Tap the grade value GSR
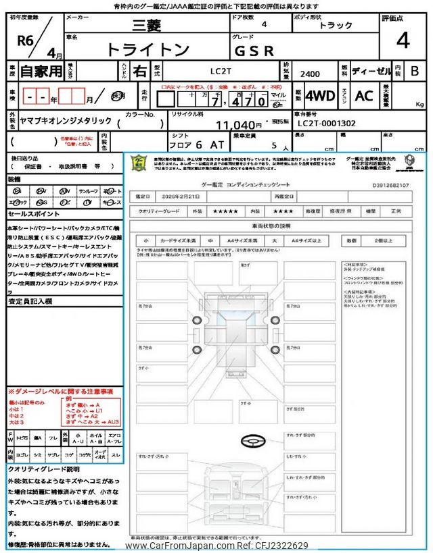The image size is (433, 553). click(254, 49)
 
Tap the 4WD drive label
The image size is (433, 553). click(320, 96)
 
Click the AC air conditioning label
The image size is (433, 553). click(364, 96)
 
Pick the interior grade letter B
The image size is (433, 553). click(414, 70)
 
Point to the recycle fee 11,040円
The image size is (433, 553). click(239, 125)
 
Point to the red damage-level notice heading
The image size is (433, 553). click(61, 392)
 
